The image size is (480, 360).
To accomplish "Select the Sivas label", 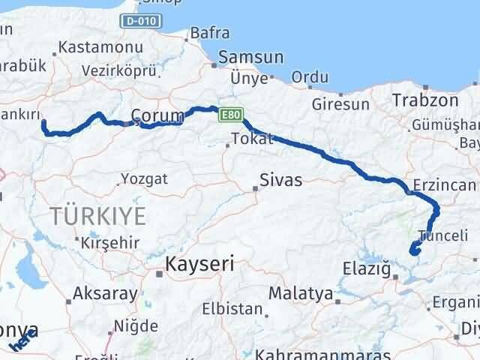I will pyautogui.click(x=280, y=180).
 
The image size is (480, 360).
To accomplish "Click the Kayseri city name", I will pyautogui.click(x=199, y=264).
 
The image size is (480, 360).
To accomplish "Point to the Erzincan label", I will pyautogui.click(x=445, y=185).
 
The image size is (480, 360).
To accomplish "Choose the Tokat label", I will pyautogui.click(x=247, y=139).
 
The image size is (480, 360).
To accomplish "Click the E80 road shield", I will pyautogui.click(x=229, y=115).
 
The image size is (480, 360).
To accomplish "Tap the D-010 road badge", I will pyautogui.click(x=142, y=21).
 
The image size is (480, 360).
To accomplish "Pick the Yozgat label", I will pyautogui.click(x=143, y=179).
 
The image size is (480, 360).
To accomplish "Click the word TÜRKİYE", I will pyautogui.click(x=98, y=217).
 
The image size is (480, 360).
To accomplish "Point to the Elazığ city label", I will pyautogui.click(x=366, y=267).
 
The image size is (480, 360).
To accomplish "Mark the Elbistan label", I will pyautogui.click(x=232, y=308).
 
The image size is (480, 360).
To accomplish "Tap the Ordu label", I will pyautogui.click(x=310, y=76).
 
